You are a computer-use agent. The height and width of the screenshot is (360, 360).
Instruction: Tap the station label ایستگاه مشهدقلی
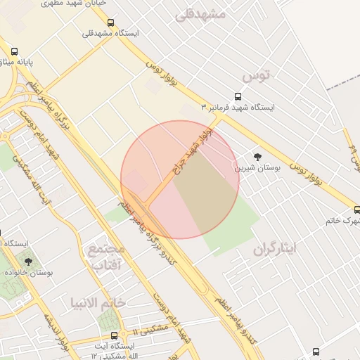tap(111, 33)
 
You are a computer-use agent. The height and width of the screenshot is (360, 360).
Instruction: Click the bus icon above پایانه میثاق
tap(14, 51)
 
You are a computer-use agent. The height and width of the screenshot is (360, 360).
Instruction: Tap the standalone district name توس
tap(256, 74)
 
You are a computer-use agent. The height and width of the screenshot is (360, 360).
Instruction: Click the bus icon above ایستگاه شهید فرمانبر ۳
tap(238, 96)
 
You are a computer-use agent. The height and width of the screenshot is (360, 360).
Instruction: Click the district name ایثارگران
tap(276, 248)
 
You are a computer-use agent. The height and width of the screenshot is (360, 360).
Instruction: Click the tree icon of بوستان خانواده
tap(28, 261)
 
